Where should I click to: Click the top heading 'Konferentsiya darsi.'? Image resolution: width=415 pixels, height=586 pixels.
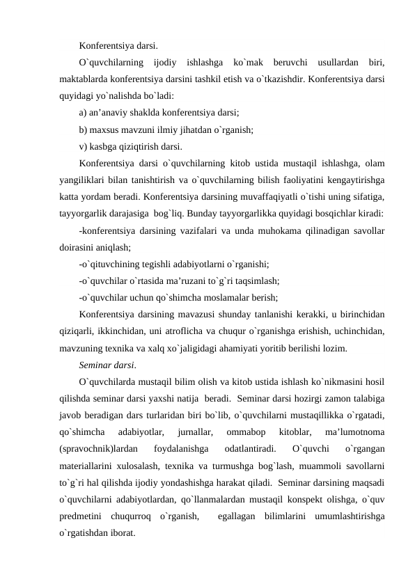point(118,47)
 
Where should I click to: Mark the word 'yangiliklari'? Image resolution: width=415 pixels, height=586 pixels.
point(86,180)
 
